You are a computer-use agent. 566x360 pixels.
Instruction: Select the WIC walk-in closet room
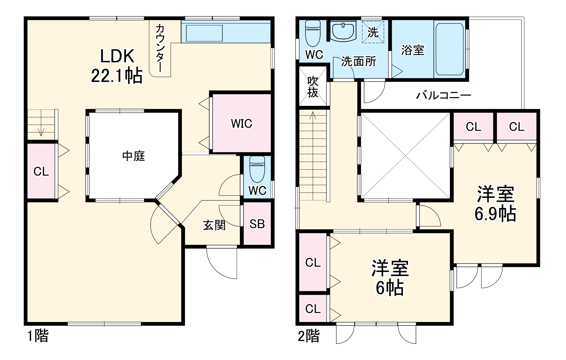tap(242, 123)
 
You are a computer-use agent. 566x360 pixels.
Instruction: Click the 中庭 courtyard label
tap(133, 156)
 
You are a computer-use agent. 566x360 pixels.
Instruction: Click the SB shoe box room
tap(257, 224)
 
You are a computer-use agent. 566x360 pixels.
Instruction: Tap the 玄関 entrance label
tap(214, 225)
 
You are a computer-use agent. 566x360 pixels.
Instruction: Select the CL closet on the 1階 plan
tap(41, 171)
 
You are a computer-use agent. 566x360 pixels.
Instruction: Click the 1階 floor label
tap(38, 336)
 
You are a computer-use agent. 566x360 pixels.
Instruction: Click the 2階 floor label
tap(309, 336)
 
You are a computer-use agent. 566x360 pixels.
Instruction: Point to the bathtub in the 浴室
tap(449, 49)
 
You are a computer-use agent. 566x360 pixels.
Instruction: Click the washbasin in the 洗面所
tap(343, 31)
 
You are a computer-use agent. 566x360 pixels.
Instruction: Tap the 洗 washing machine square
tap(373, 32)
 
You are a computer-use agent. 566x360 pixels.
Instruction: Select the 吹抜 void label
tap(313, 87)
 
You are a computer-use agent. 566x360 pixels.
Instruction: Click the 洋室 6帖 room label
tap(390, 278)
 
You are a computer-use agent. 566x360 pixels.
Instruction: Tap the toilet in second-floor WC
tap(313, 33)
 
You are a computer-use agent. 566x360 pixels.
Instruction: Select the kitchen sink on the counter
tap(204, 33)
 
